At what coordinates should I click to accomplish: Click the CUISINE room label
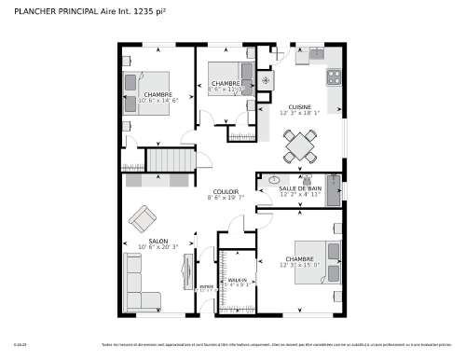pyautogui.click(x=299, y=106)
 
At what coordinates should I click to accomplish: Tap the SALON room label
pyautogui.click(x=158, y=241)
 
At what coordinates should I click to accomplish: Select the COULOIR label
pyautogui.click(x=226, y=191)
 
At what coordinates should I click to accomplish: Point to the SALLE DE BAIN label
pyautogui.click(x=301, y=188)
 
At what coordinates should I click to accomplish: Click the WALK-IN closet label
pyautogui.click(x=237, y=279)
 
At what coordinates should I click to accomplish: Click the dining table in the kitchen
pyautogui.click(x=300, y=144)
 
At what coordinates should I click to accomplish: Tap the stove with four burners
pyautogui.click(x=334, y=76)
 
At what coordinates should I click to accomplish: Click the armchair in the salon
pyautogui.click(x=143, y=219)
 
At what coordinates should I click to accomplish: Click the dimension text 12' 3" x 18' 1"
pyautogui.click(x=299, y=113)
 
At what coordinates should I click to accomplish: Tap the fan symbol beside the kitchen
pyautogui.click(x=265, y=80)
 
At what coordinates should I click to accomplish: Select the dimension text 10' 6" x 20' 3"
pyautogui.click(x=158, y=247)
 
